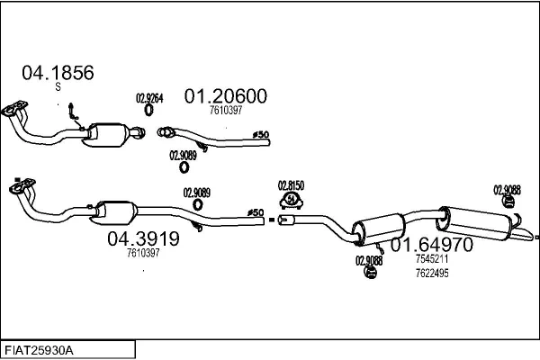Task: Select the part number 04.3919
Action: click(x=143, y=238)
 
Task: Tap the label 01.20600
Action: click(x=226, y=95)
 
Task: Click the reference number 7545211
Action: click(x=432, y=259)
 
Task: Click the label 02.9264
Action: click(x=148, y=98)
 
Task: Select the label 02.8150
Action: click(x=291, y=184)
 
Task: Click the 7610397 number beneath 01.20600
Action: click(x=226, y=111)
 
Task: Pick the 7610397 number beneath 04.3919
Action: click(x=143, y=254)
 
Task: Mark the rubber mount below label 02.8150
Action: click(x=291, y=199)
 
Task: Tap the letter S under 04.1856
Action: click(x=57, y=86)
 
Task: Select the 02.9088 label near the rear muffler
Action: click(x=507, y=189)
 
